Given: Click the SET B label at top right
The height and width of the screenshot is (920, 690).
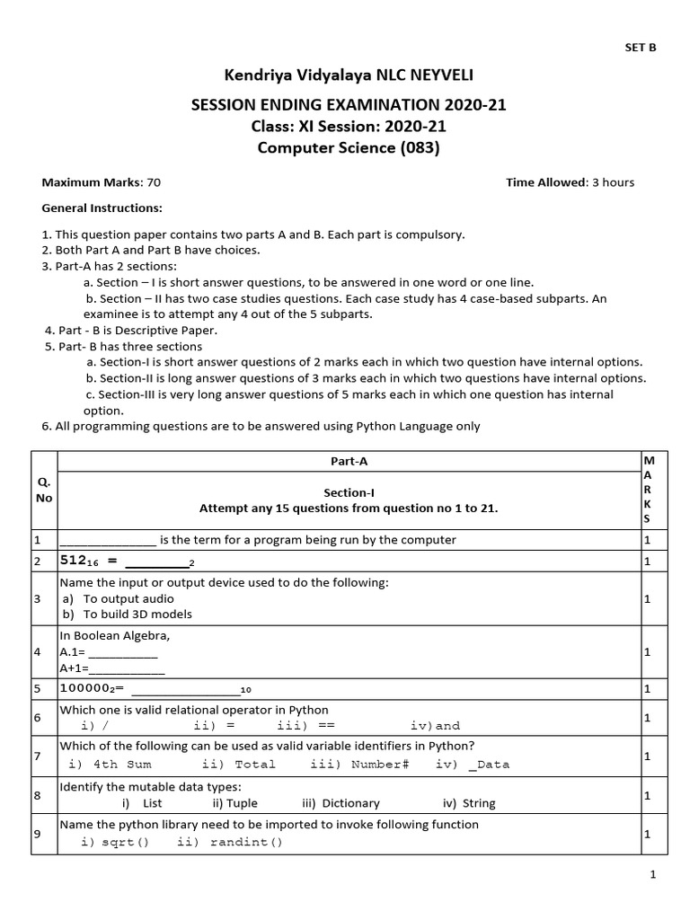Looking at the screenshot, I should [x=641, y=49].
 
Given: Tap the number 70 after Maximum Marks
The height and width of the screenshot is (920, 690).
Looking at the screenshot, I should [x=154, y=182].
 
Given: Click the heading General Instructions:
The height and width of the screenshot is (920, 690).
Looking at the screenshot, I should [x=102, y=208].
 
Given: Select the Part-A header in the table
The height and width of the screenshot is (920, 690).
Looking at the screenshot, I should [x=349, y=461].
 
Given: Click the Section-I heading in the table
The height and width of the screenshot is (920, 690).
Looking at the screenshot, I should [x=349, y=492].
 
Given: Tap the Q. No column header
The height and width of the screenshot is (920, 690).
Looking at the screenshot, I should [x=44, y=491].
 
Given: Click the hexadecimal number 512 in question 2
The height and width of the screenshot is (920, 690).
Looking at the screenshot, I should [x=77, y=561].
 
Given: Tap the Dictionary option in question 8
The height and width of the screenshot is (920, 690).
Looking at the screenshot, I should [x=350, y=803].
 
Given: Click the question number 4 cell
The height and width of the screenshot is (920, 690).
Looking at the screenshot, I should [x=37, y=651].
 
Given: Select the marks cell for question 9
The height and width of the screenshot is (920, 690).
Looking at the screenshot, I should [x=647, y=834].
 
